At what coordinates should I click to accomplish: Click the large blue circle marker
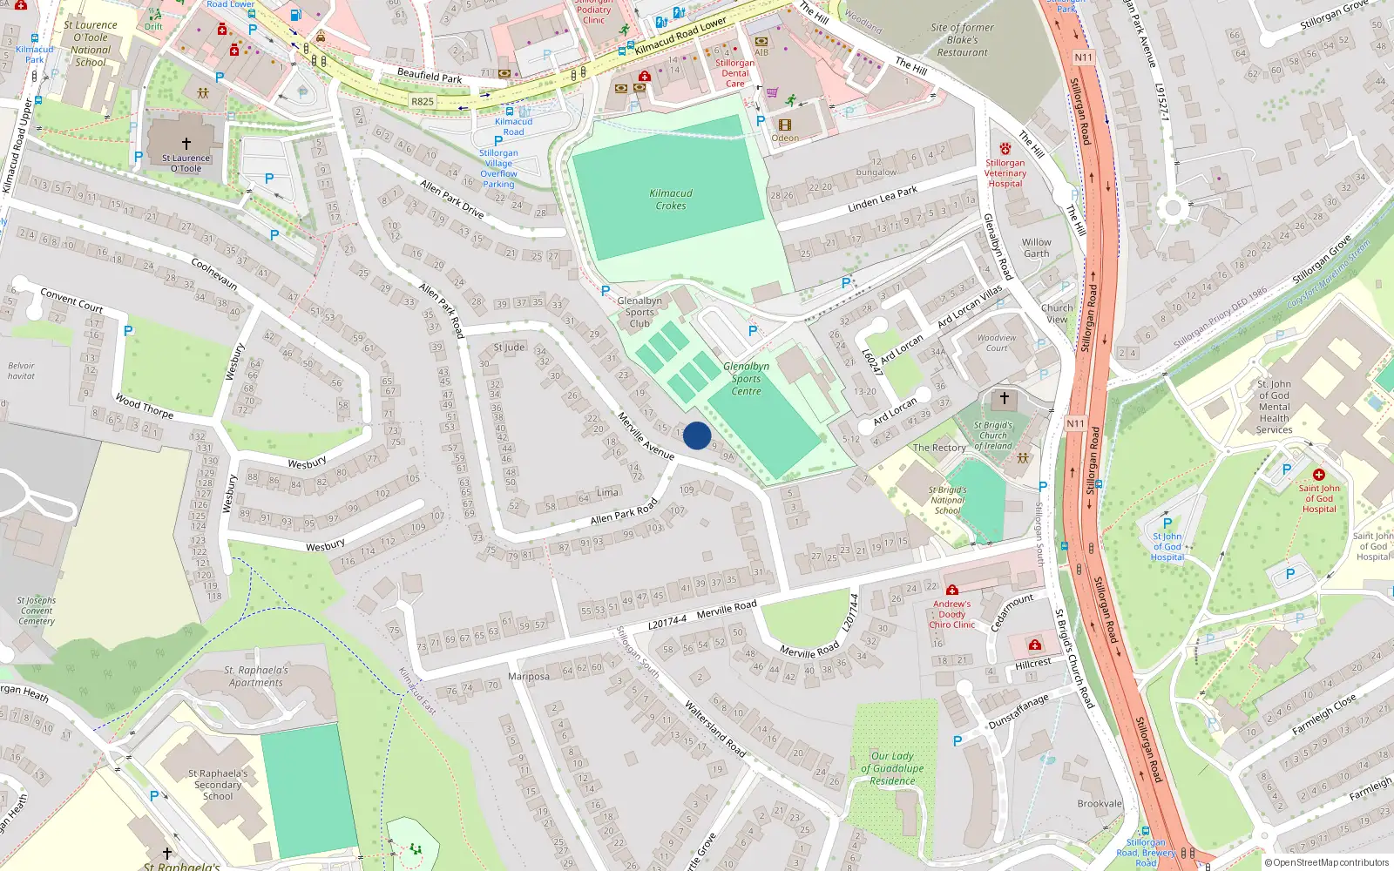(x=697, y=435)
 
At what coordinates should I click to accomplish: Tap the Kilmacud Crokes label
(x=671, y=199)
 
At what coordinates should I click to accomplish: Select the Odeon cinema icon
(x=784, y=125)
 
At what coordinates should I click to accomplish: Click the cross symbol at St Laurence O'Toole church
(x=186, y=144)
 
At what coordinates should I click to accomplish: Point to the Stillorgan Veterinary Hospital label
(x=1005, y=173)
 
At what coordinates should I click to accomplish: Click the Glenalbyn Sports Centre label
(x=746, y=379)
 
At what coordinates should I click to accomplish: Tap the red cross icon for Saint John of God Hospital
(x=1318, y=475)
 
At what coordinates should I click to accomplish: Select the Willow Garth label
(x=1036, y=248)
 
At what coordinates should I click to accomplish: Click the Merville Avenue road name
(x=646, y=435)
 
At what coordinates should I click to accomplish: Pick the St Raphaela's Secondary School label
(x=218, y=784)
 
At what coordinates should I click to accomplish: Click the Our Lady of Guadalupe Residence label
(x=892, y=768)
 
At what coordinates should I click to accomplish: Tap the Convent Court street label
(x=71, y=300)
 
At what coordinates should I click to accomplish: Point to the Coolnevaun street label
(x=213, y=273)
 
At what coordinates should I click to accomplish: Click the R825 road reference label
(x=423, y=102)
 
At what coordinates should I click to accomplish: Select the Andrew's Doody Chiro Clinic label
(x=951, y=614)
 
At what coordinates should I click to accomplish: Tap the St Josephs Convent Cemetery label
(x=37, y=611)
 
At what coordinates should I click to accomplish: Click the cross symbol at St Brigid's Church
(x=1004, y=398)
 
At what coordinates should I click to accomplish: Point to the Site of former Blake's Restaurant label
(x=962, y=40)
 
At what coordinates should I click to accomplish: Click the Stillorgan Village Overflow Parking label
(x=498, y=168)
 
